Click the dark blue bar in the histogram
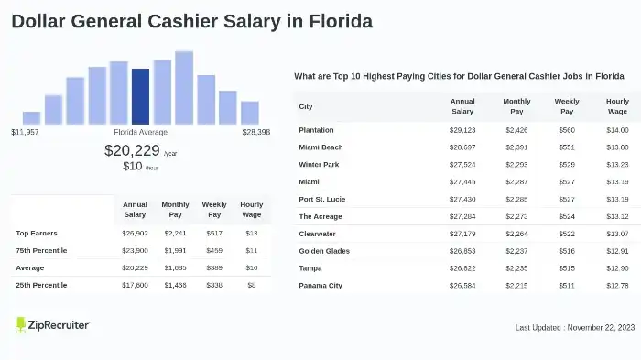tap(140, 96)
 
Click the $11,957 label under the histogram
tap(25, 132)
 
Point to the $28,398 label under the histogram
tap(256, 132)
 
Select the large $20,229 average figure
tap(132, 150)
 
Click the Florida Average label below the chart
tap(140, 132)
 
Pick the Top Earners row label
tap(36, 233)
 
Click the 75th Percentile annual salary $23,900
tap(135, 250)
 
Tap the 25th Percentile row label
tap(41, 285)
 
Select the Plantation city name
tap(316, 130)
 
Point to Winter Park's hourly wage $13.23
tap(617, 165)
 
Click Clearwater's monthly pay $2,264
tap(516, 234)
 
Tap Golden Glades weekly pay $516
tap(567, 251)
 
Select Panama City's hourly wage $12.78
tap(617, 286)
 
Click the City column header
tap(306, 106)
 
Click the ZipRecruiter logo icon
tap(21, 325)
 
